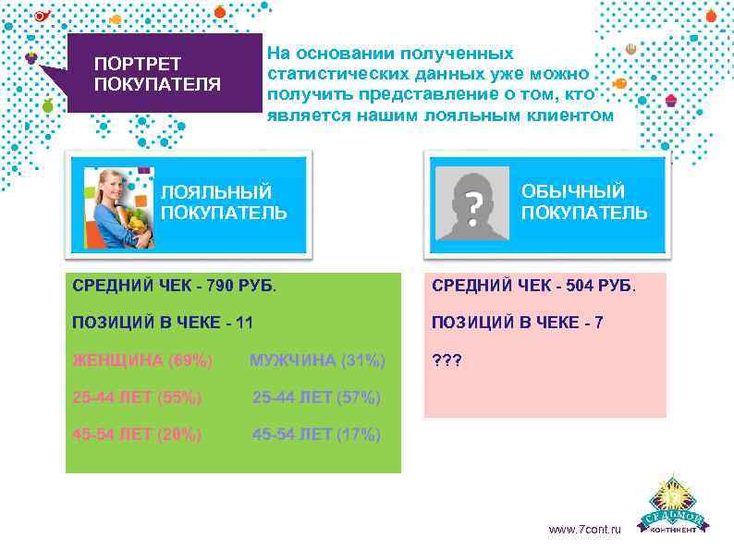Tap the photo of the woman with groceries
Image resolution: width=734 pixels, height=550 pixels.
(x=119, y=208)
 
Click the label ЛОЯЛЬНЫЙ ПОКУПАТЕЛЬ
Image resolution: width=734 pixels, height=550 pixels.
(x=224, y=202)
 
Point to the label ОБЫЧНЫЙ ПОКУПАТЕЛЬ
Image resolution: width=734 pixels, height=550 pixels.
(x=583, y=202)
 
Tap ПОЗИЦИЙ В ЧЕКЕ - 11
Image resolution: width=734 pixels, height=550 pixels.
(x=162, y=323)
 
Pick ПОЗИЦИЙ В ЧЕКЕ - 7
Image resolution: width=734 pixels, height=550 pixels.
(x=517, y=323)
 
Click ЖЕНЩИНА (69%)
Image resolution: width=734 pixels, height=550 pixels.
(x=142, y=360)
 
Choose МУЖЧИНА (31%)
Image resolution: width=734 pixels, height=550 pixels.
(x=317, y=360)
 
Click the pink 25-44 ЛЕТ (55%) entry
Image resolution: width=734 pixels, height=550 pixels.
(x=137, y=397)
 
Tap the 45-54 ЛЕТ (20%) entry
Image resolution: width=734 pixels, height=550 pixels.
(x=137, y=434)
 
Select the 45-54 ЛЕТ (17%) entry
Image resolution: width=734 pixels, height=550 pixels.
(x=317, y=434)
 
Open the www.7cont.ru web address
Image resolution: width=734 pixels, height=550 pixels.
(x=585, y=530)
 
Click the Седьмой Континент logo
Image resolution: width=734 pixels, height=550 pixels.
(x=678, y=506)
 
